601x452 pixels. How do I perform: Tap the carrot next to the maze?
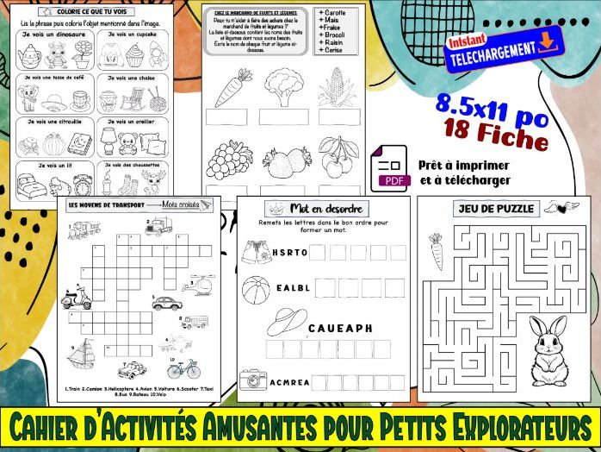(436, 250)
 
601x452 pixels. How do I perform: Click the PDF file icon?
(390, 168)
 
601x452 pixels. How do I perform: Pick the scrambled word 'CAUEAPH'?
(340, 329)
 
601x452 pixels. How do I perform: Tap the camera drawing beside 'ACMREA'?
(253, 380)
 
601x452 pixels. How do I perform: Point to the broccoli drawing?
(283, 87)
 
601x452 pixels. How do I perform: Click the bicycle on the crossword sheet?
(182, 368)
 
